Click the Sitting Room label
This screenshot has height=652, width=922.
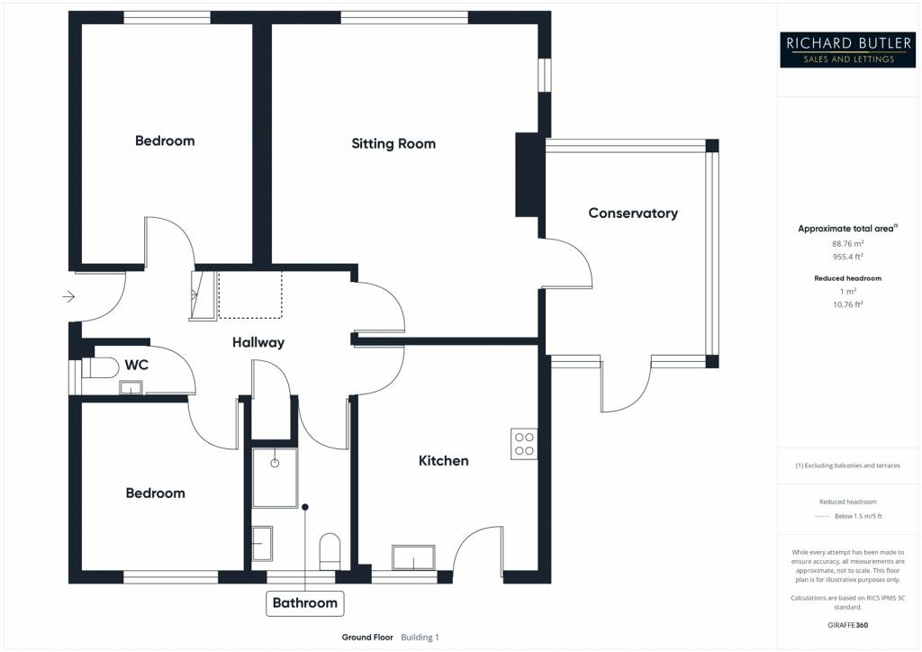(393, 143)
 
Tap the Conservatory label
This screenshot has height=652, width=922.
(633, 213)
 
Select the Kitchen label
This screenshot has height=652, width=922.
(444, 460)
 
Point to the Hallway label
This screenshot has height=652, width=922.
(258, 342)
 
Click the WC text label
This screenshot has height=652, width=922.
(137, 365)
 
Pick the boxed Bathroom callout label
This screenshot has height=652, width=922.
(305, 602)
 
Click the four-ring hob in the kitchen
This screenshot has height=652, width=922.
(524, 443)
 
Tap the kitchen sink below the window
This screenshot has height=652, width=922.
(413, 557)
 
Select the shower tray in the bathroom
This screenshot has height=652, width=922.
(275, 477)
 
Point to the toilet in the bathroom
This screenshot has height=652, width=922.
(330, 550)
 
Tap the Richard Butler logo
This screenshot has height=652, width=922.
(840, 49)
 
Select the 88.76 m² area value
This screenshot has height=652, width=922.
(845, 243)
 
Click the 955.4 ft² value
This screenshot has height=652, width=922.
(845, 256)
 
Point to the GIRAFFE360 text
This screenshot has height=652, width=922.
(845, 624)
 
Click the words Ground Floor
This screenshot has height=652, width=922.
(367, 638)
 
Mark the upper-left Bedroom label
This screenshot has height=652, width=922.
(165, 140)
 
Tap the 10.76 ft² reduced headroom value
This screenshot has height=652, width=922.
(845, 304)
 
